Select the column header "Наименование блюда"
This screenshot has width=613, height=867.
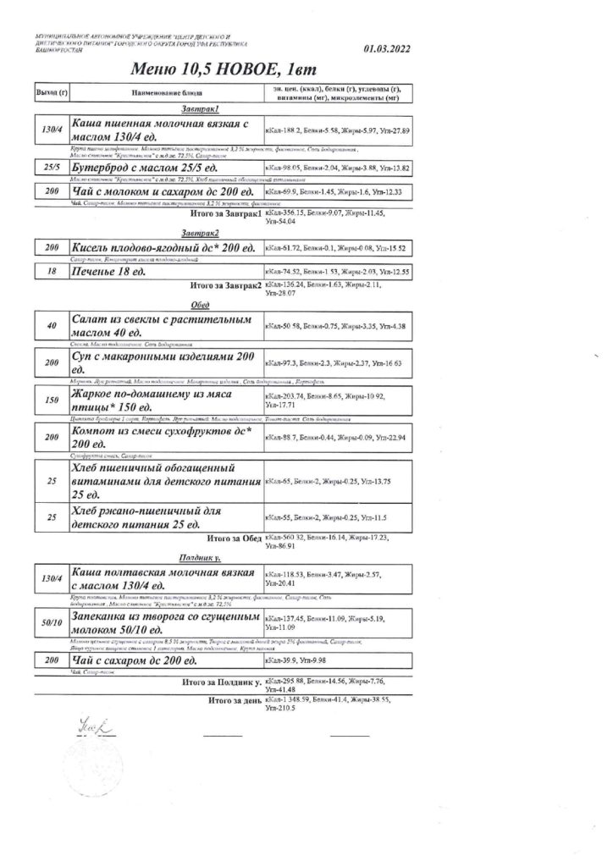tap(165, 91)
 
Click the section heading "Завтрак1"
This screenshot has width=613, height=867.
tap(201, 109)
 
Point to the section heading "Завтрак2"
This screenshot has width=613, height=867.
tap(201, 233)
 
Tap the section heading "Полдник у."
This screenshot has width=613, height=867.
tap(200, 558)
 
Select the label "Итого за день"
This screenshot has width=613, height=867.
tap(235, 702)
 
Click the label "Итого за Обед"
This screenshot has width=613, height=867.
tap(232, 538)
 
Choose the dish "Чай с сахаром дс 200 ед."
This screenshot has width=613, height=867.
tap(135, 660)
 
